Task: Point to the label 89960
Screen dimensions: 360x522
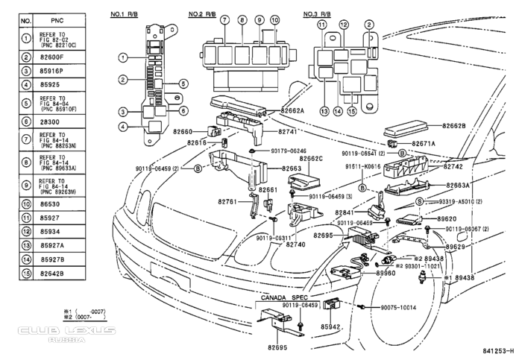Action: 386,273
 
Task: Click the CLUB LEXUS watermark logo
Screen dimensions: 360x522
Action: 68,330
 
